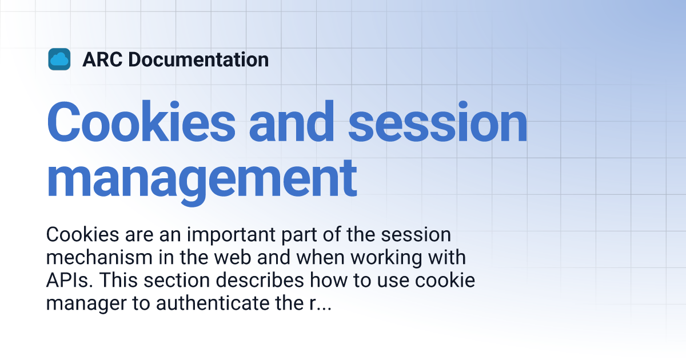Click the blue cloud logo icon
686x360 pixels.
(59, 59)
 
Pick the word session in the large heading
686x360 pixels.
(438, 123)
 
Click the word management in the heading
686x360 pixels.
(202, 178)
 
